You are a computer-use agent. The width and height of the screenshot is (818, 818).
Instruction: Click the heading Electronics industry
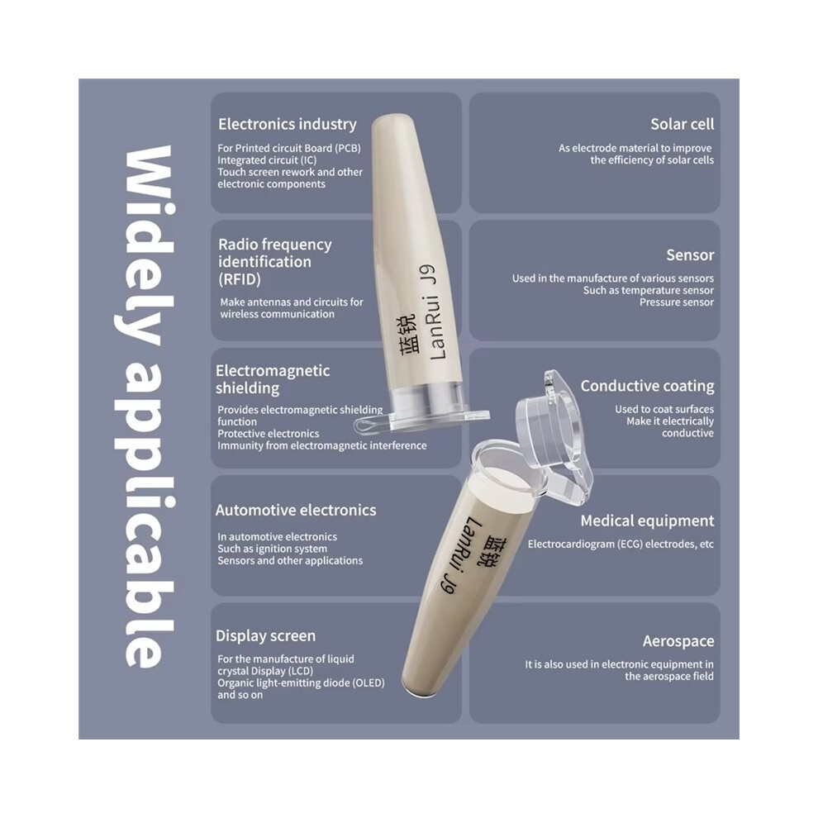coord(288,124)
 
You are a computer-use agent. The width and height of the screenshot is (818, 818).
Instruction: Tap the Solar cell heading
coord(682,124)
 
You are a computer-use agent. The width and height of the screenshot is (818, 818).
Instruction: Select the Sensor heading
coord(690,254)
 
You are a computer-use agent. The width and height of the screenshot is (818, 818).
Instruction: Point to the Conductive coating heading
coord(647,386)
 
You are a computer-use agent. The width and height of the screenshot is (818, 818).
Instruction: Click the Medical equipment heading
coord(647,521)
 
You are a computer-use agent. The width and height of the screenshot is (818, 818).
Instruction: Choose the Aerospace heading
coord(678,641)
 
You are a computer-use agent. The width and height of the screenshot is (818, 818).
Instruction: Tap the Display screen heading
coord(265,635)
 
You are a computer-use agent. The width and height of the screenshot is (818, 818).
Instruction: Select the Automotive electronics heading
coord(296,510)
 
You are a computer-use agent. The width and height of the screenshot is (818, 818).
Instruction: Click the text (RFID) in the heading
coord(239,279)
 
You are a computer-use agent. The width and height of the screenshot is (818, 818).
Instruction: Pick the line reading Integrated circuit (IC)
coord(267,160)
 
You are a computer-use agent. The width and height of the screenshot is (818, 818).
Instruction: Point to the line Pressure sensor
coord(677,302)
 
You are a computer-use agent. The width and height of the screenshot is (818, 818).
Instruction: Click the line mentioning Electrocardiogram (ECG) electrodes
coord(621,545)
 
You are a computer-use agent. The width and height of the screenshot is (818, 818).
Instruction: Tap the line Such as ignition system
coord(273,549)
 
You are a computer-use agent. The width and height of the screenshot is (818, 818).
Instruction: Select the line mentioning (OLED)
coord(301,682)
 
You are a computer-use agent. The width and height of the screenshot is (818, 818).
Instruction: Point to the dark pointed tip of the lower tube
coord(416,690)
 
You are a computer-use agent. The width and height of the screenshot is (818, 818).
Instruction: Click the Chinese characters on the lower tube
coord(491,551)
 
